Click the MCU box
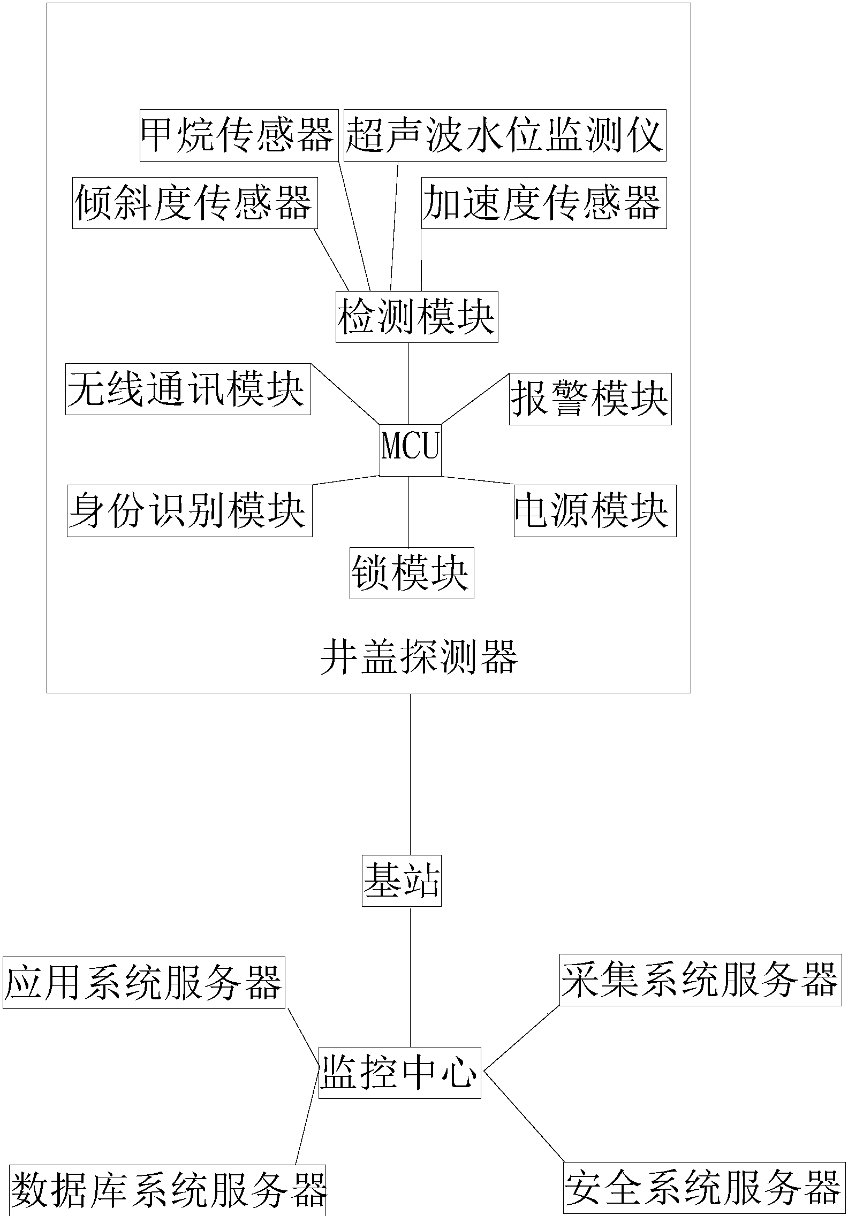tap(410, 449)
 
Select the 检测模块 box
tap(417, 317)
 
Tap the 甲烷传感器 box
tap(239, 135)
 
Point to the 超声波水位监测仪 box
tap(504, 135)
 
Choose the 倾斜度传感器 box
tap(195, 203)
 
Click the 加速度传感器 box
tap(543, 203)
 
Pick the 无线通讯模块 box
tap(188, 389)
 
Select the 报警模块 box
tap(590, 399)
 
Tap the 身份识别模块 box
tap(190, 510)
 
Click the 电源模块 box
tap(595, 510)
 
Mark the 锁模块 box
tap(411, 572)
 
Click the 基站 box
tap(402, 880)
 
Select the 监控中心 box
tap(399, 1072)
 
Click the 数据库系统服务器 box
tap(168, 1190)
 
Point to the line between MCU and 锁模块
tap(409, 511)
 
